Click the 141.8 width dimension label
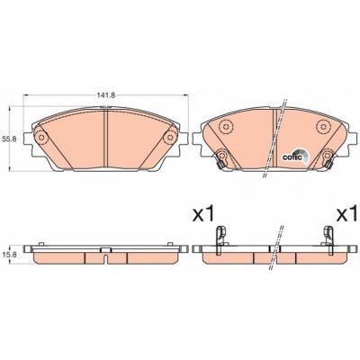tap(102, 95)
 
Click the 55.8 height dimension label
tap(5, 139)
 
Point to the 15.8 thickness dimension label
tap(5, 255)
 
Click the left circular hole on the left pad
tap(41, 138)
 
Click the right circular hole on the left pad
tap(170, 138)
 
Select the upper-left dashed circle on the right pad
tap(226, 127)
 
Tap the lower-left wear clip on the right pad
tap(220, 159)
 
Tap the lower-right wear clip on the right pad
tap(328, 158)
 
